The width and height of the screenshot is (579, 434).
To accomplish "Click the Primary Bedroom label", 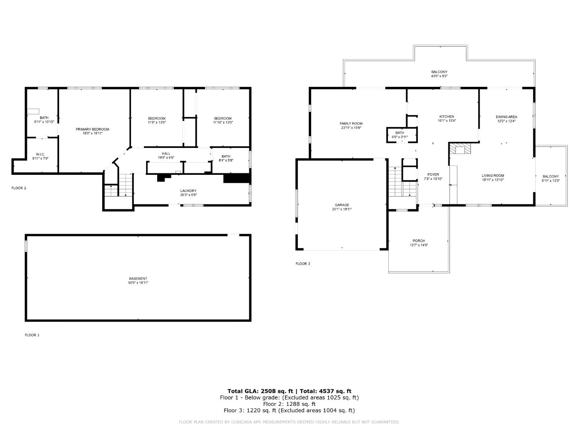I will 92,129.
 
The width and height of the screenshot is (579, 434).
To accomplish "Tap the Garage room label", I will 342,205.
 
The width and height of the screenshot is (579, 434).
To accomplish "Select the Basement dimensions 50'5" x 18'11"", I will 138,283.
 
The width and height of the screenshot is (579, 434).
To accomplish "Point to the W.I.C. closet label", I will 40,154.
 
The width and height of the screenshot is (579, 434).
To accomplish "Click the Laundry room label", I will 188,191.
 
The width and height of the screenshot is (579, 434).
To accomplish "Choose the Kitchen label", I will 446,117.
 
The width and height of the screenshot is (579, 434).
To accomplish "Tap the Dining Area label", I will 506,117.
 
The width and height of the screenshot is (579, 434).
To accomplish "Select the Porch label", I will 418,241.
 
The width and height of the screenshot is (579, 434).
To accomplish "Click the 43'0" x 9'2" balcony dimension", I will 439,76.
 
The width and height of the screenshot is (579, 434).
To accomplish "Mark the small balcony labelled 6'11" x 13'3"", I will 550,178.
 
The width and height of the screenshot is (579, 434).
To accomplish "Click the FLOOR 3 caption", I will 303,264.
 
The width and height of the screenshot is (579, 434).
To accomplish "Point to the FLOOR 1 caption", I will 32,335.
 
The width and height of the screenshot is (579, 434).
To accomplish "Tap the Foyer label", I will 433,175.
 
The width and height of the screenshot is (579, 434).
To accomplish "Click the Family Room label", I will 351,123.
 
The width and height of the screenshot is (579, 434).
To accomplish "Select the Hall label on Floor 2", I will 166,154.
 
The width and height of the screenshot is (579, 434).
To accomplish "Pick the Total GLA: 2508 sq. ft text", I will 259,391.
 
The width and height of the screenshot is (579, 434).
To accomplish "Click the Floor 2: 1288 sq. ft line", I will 289,404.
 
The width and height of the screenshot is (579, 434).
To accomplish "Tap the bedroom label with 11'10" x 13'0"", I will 223,118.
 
